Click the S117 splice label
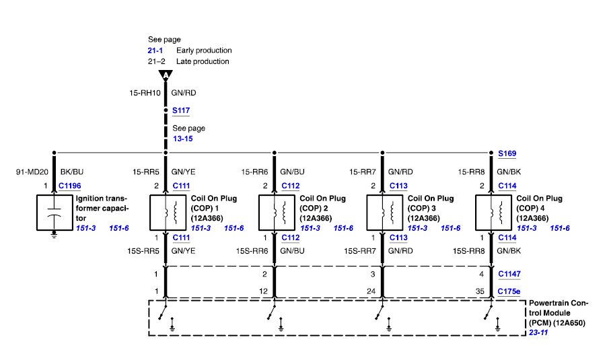[x=181, y=110]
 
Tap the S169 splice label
[x=507, y=153]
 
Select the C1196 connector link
[x=70, y=186]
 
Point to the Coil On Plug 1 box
[x=168, y=213]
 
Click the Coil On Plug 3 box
[x=384, y=213]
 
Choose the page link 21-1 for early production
[x=155, y=50]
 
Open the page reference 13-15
[x=183, y=139]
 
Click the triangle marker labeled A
[x=166, y=75]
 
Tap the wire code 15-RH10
[x=145, y=93]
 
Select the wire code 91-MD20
[x=32, y=172]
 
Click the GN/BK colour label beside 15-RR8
[x=509, y=172]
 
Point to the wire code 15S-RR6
[x=252, y=251]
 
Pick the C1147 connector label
[x=509, y=274]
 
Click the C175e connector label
[x=509, y=291]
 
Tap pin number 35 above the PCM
[x=480, y=291]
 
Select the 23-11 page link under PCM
[x=538, y=332]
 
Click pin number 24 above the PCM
[x=371, y=291]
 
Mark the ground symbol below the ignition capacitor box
[x=54, y=234]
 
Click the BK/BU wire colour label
[x=72, y=172]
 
